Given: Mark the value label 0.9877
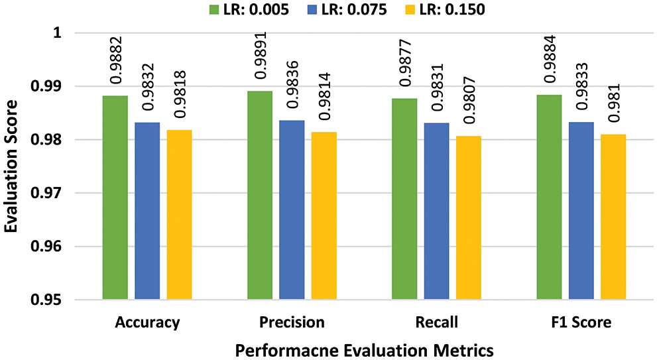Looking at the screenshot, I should (404, 68).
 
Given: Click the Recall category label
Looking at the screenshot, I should (436, 323).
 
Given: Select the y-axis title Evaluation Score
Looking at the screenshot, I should (11, 166).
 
